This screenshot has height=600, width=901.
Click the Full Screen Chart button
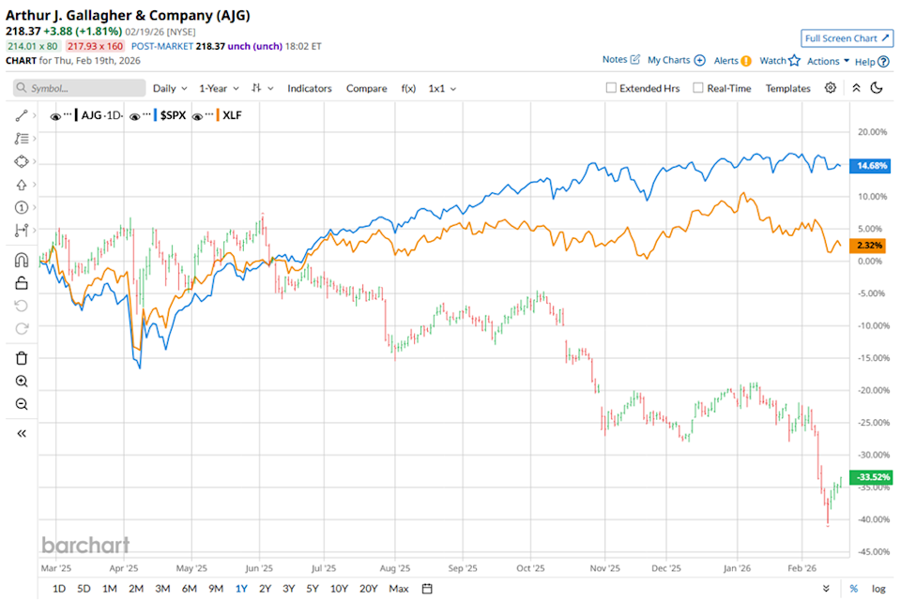(x=846, y=38)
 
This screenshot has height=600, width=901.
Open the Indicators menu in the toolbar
(x=310, y=88)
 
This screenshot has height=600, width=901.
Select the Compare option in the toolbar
(x=366, y=88)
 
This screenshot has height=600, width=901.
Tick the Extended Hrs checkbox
(x=612, y=88)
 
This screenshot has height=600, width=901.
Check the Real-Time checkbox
(x=698, y=88)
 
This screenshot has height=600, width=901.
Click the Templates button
(x=787, y=88)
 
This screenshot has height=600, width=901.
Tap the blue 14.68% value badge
(x=870, y=166)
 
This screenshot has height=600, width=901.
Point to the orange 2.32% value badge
(x=870, y=245)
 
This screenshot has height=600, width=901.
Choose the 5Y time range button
(x=313, y=589)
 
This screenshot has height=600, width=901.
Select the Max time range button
(x=399, y=589)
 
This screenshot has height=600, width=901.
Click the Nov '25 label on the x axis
(x=606, y=568)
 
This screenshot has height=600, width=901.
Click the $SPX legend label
(x=170, y=116)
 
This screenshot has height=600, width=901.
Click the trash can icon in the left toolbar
(x=22, y=357)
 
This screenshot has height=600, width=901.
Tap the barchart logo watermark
(x=84, y=545)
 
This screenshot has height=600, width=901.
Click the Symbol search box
(x=80, y=88)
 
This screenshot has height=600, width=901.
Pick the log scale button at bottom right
(x=878, y=589)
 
